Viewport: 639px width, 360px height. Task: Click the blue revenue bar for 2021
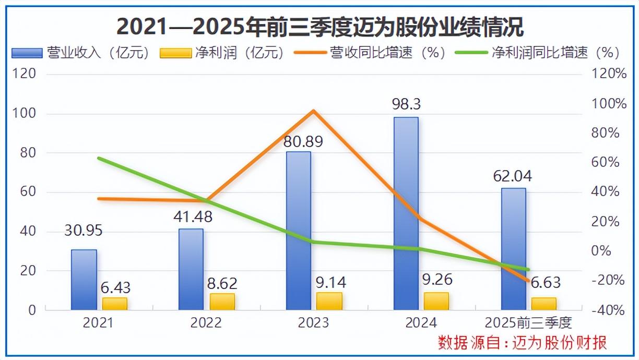click(x=84, y=280)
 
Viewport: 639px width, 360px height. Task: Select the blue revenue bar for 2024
click(x=406, y=213)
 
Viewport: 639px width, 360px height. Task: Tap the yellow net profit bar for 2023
click(x=329, y=301)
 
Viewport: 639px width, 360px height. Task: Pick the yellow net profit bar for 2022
click(x=222, y=302)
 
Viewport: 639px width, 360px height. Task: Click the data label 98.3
click(x=407, y=105)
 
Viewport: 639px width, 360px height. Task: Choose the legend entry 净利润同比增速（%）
click(x=537, y=53)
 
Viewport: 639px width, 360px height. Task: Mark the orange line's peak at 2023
click(x=313, y=111)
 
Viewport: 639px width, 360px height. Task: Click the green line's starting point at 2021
click(x=99, y=158)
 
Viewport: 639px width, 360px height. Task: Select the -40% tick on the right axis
click(x=609, y=310)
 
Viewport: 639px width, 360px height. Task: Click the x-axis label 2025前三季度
click(x=528, y=322)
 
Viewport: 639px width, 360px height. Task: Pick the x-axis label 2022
click(x=206, y=322)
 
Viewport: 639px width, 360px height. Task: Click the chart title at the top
click(x=319, y=26)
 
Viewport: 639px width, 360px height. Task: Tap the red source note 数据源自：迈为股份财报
click(x=522, y=343)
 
